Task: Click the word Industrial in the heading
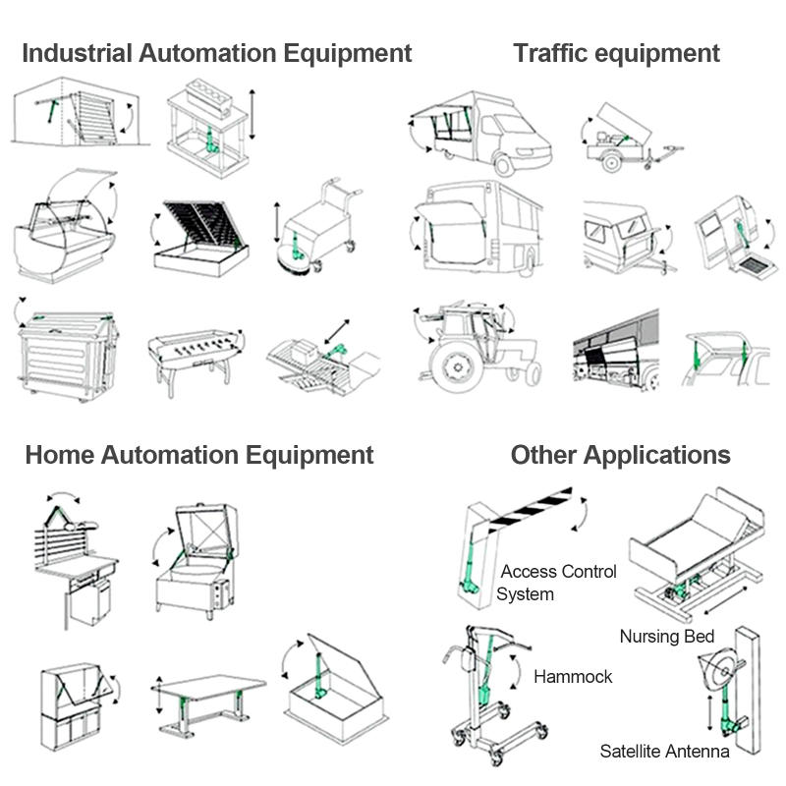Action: [78, 53]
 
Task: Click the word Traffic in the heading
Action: [550, 53]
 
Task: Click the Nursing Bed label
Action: [667, 636]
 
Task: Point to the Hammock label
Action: [573, 677]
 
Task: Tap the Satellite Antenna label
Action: [664, 751]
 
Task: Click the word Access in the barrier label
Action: [531, 572]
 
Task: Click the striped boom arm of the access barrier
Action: [529, 509]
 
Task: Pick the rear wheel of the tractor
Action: [457, 366]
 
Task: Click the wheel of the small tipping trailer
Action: [611, 161]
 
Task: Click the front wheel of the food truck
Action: [503, 164]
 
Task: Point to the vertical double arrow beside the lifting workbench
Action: [253, 114]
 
